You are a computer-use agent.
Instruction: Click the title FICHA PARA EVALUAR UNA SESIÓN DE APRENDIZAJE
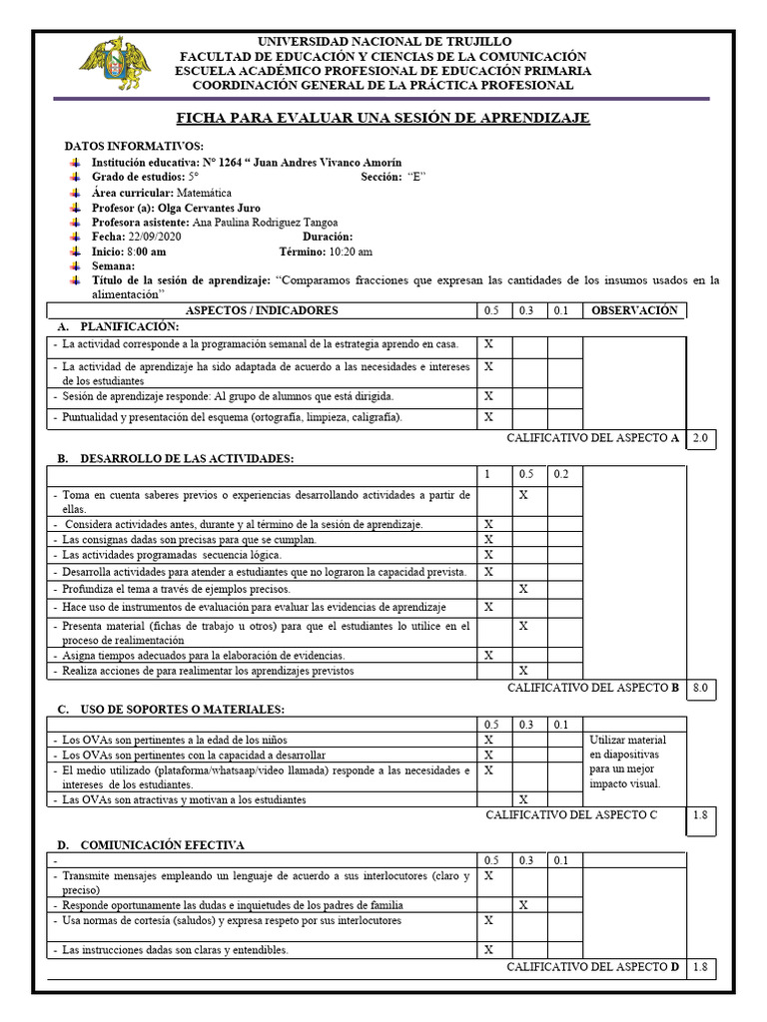pos(383,119)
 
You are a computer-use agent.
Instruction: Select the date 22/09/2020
pos(154,237)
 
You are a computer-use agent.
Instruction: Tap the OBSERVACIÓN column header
pos(633,310)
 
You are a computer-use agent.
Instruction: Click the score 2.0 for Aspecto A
pos(700,438)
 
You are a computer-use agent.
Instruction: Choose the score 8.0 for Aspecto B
pos(700,688)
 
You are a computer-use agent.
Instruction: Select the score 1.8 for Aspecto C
pos(700,814)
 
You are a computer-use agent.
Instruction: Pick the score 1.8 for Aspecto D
pos(700,967)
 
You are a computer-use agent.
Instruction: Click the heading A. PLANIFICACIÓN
pos(118,326)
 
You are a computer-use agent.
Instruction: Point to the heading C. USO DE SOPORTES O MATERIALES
pos(171,709)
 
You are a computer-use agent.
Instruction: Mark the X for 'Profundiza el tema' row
pos(524,590)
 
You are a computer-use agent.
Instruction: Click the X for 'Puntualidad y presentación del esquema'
pos(489,417)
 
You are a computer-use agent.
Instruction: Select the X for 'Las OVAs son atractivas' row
pos(524,799)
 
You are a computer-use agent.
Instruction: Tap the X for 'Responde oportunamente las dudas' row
pos(524,905)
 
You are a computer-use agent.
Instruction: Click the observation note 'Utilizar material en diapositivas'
pos(627,762)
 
